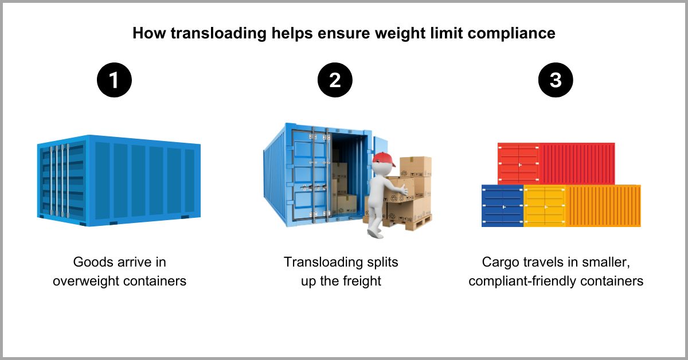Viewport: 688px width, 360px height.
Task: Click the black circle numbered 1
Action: coord(114,80)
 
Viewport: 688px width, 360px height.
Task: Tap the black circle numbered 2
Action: coord(335,80)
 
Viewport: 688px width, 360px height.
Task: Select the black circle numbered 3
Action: coord(556,80)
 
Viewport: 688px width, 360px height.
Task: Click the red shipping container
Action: coord(556,163)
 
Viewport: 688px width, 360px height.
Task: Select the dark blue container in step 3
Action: coord(502,206)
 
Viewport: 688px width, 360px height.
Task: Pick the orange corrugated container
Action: coord(603,206)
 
